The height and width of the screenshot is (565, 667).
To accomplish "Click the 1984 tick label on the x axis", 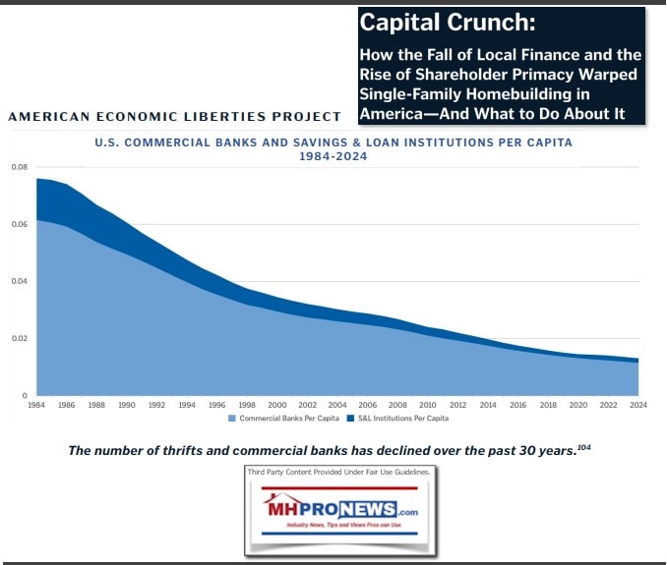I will point(36,404).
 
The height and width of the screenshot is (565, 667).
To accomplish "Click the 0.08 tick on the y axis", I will point(19,168).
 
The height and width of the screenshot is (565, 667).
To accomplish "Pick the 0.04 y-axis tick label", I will point(19,282).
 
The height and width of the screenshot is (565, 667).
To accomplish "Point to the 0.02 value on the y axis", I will point(19,339).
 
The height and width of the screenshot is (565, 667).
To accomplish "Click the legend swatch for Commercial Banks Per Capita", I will point(232,419).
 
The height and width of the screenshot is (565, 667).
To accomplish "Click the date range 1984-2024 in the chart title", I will point(333,155).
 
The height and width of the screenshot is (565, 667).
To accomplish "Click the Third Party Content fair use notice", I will point(339,474).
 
